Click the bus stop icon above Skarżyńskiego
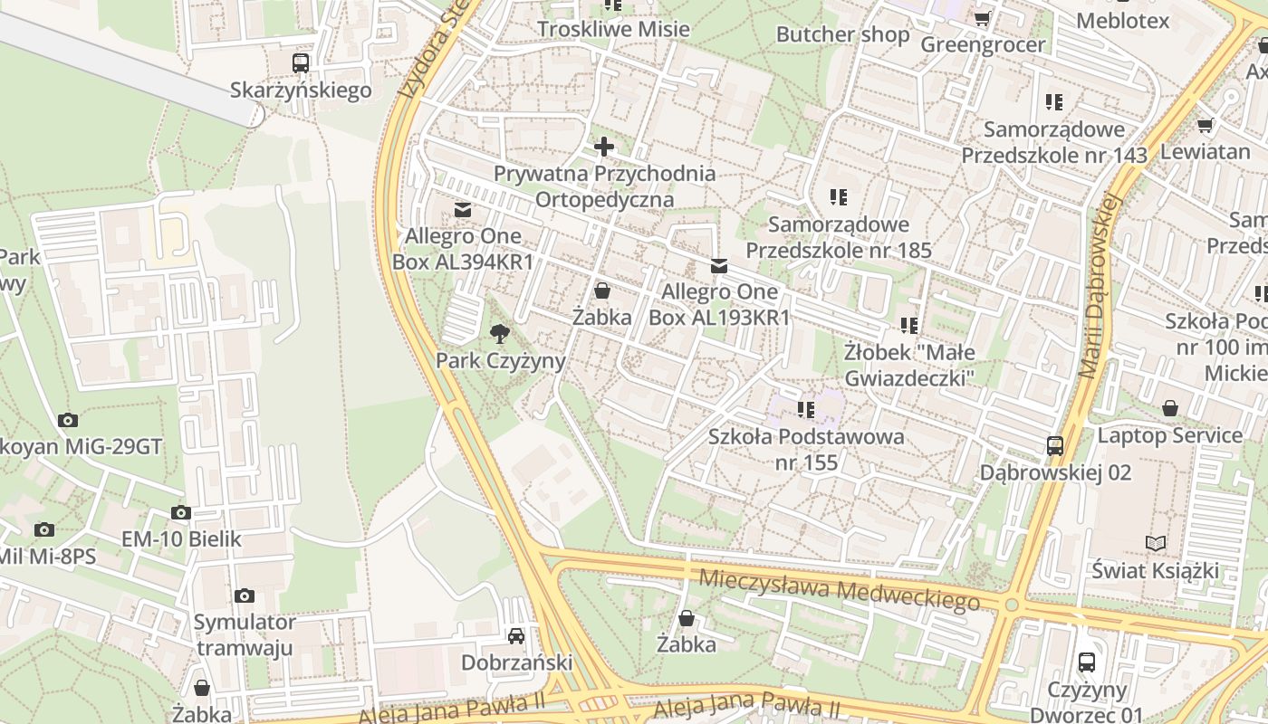(301, 62)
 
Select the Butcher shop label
(842, 34)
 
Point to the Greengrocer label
(983, 44)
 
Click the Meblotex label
(1123, 20)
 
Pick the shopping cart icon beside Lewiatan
(1205, 125)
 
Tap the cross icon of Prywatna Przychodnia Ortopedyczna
(604, 146)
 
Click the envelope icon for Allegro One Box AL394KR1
(463, 210)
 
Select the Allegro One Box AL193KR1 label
(719, 304)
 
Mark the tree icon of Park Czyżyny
(499, 334)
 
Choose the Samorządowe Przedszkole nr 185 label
(838, 237)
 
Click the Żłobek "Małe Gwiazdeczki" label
(908, 364)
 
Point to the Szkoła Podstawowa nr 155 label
(806, 450)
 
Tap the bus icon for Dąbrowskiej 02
(1055, 445)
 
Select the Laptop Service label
(1170, 435)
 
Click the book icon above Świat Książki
(1155, 543)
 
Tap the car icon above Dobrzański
(516, 635)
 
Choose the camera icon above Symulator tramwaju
(245, 595)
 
